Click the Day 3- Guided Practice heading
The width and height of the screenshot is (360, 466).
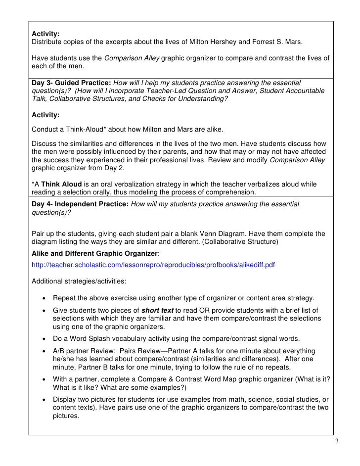pos(72,82)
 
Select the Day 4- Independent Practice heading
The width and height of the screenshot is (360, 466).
pos(80,204)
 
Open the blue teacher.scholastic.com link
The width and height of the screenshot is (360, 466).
pos(153,265)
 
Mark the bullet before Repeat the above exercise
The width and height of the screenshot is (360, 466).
pos(45,298)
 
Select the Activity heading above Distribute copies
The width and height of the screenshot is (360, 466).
pos(45,34)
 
